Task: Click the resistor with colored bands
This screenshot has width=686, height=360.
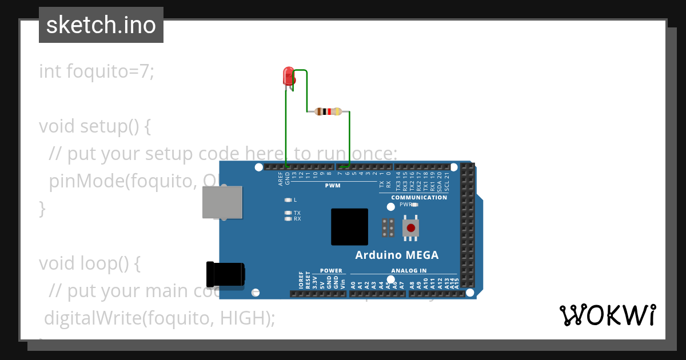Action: tap(328, 111)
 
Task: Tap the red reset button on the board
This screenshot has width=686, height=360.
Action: tap(410, 227)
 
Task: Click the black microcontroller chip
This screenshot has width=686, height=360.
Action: tap(349, 227)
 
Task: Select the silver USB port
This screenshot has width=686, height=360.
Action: tap(222, 202)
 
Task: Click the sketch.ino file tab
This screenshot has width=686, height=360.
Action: tap(101, 25)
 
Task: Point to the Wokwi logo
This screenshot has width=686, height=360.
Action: tap(607, 315)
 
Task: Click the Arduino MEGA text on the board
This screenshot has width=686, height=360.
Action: tap(397, 255)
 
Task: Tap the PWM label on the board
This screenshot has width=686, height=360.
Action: tap(333, 186)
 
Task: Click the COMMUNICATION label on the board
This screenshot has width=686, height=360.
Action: tap(419, 198)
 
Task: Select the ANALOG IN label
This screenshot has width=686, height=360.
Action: tap(409, 271)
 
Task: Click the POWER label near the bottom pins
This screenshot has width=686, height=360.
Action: tap(331, 271)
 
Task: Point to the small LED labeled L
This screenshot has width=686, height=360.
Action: tap(288, 200)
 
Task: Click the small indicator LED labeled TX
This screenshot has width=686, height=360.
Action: tap(288, 213)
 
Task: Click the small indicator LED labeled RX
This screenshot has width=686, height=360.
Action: tap(288, 219)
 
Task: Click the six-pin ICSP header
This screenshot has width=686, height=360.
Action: tap(388, 227)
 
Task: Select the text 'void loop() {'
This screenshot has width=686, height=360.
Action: tap(89, 263)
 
